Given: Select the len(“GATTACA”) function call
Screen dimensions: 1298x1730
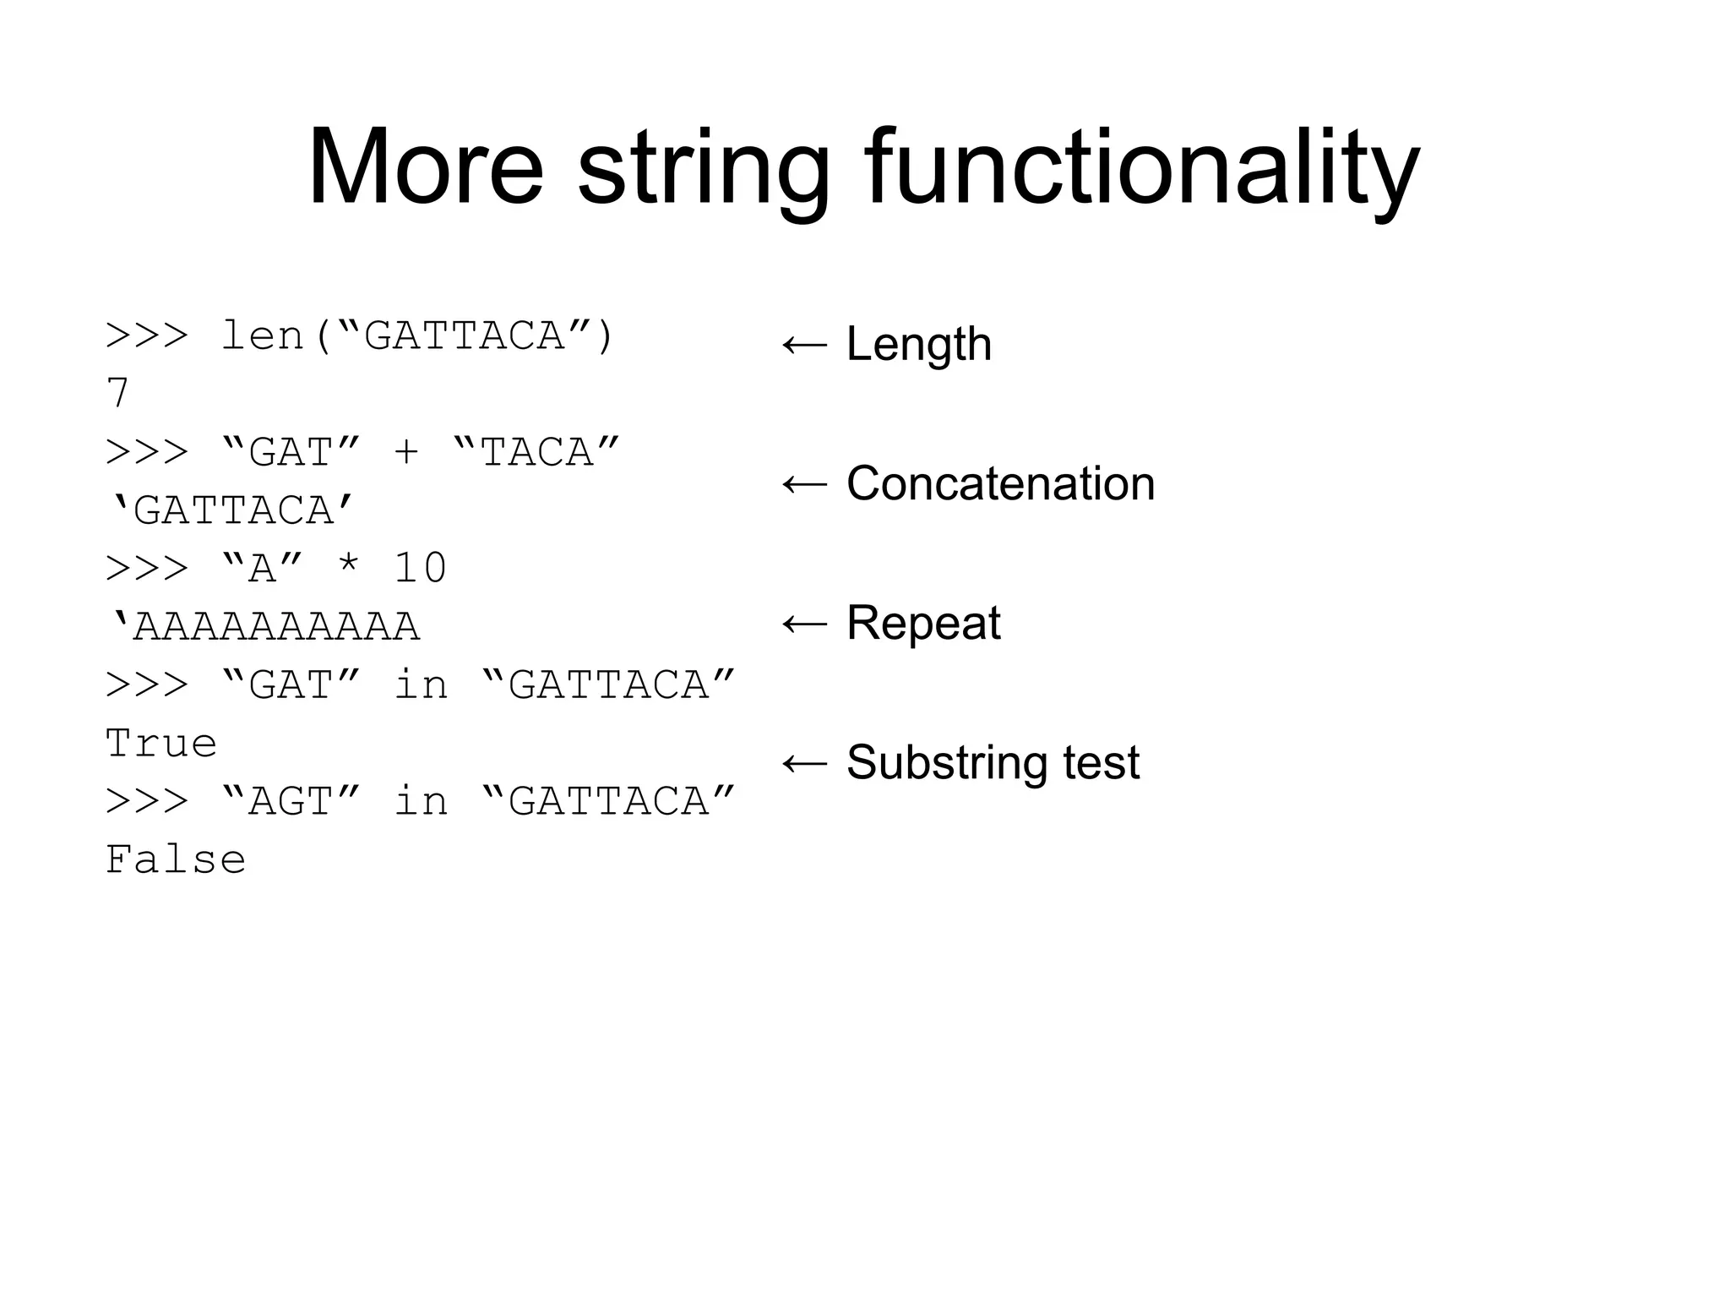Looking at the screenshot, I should pos(417,336).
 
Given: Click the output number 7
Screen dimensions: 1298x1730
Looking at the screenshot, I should pos(117,394).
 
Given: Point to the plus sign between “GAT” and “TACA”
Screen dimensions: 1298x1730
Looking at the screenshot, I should pos(406,453).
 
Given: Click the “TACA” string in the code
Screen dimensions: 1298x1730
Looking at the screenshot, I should pos(536,452).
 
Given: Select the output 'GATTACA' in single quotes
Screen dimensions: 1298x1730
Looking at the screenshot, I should pos(232,510).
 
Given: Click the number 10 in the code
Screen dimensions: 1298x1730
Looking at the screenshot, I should pos(420,568).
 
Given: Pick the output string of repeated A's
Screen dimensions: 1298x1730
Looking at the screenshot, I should pos(264,626).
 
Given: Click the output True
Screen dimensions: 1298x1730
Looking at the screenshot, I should pos(161,744).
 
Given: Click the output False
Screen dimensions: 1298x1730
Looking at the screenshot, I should pos(176,860).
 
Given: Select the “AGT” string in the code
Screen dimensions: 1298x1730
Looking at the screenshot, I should pos(291,801).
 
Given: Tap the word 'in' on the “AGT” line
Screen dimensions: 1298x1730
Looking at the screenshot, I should pos(420,801).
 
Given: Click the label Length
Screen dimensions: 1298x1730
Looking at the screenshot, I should pos(918,345).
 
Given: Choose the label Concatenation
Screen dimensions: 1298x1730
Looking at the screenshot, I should pos(1000,484).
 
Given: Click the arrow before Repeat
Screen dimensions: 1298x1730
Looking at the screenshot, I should pos(804,624).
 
